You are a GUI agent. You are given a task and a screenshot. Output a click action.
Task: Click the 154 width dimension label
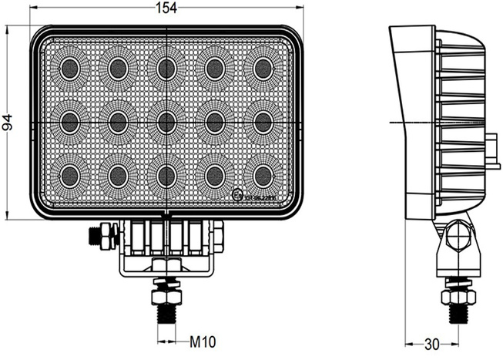(x=167, y=8)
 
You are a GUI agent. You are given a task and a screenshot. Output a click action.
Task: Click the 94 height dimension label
(x=8, y=122)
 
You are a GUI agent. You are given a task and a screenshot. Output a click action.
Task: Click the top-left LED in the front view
(x=69, y=69)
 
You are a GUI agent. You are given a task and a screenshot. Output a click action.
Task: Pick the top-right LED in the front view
(x=263, y=69)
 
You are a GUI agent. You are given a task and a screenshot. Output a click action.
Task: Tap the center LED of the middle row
(x=166, y=121)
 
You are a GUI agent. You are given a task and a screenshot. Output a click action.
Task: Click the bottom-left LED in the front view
(x=69, y=175)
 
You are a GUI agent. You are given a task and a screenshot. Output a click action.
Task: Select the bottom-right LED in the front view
(x=263, y=175)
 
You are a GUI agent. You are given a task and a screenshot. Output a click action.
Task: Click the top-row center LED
(x=166, y=69)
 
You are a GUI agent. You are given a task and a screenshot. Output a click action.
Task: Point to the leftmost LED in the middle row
(x=69, y=121)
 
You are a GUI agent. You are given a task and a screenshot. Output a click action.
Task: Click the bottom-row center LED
(x=166, y=175)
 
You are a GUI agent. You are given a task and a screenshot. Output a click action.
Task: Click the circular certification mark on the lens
(x=236, y=196)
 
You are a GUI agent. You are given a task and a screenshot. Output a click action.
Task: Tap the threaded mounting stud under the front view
(x=166, y=313)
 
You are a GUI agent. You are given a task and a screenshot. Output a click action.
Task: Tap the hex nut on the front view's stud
(x=166, y=291)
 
